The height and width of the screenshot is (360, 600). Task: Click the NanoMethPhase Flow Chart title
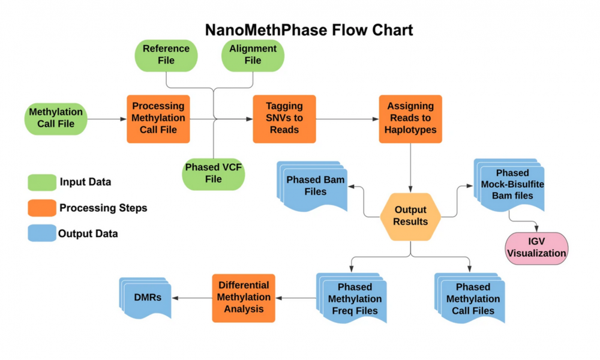[309, 30]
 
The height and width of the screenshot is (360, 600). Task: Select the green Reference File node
[166, 55]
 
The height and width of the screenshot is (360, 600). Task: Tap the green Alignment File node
[253, 55]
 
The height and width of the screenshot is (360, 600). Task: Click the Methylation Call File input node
[56, 119]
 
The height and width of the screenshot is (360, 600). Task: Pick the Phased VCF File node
[213, 174]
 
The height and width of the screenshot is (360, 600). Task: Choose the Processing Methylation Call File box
[158, 119]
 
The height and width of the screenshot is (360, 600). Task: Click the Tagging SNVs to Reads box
[284, 119]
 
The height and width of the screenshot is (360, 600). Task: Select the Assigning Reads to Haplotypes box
[410, 119]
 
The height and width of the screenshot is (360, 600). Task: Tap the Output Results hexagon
[410, 217]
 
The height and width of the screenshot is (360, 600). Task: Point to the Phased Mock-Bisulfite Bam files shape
[509, 185]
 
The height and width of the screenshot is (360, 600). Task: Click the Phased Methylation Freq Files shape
[352, 298]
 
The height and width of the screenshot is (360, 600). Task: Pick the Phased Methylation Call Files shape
[470, 298]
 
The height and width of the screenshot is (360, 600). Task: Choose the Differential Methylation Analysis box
[244, 298]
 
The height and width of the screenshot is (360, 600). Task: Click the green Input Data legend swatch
[42, 182]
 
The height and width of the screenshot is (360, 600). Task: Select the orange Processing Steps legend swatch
[42, 208]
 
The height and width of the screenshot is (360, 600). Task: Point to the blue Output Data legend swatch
[42, 233]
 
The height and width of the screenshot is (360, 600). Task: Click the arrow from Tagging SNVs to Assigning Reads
[347, 119]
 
